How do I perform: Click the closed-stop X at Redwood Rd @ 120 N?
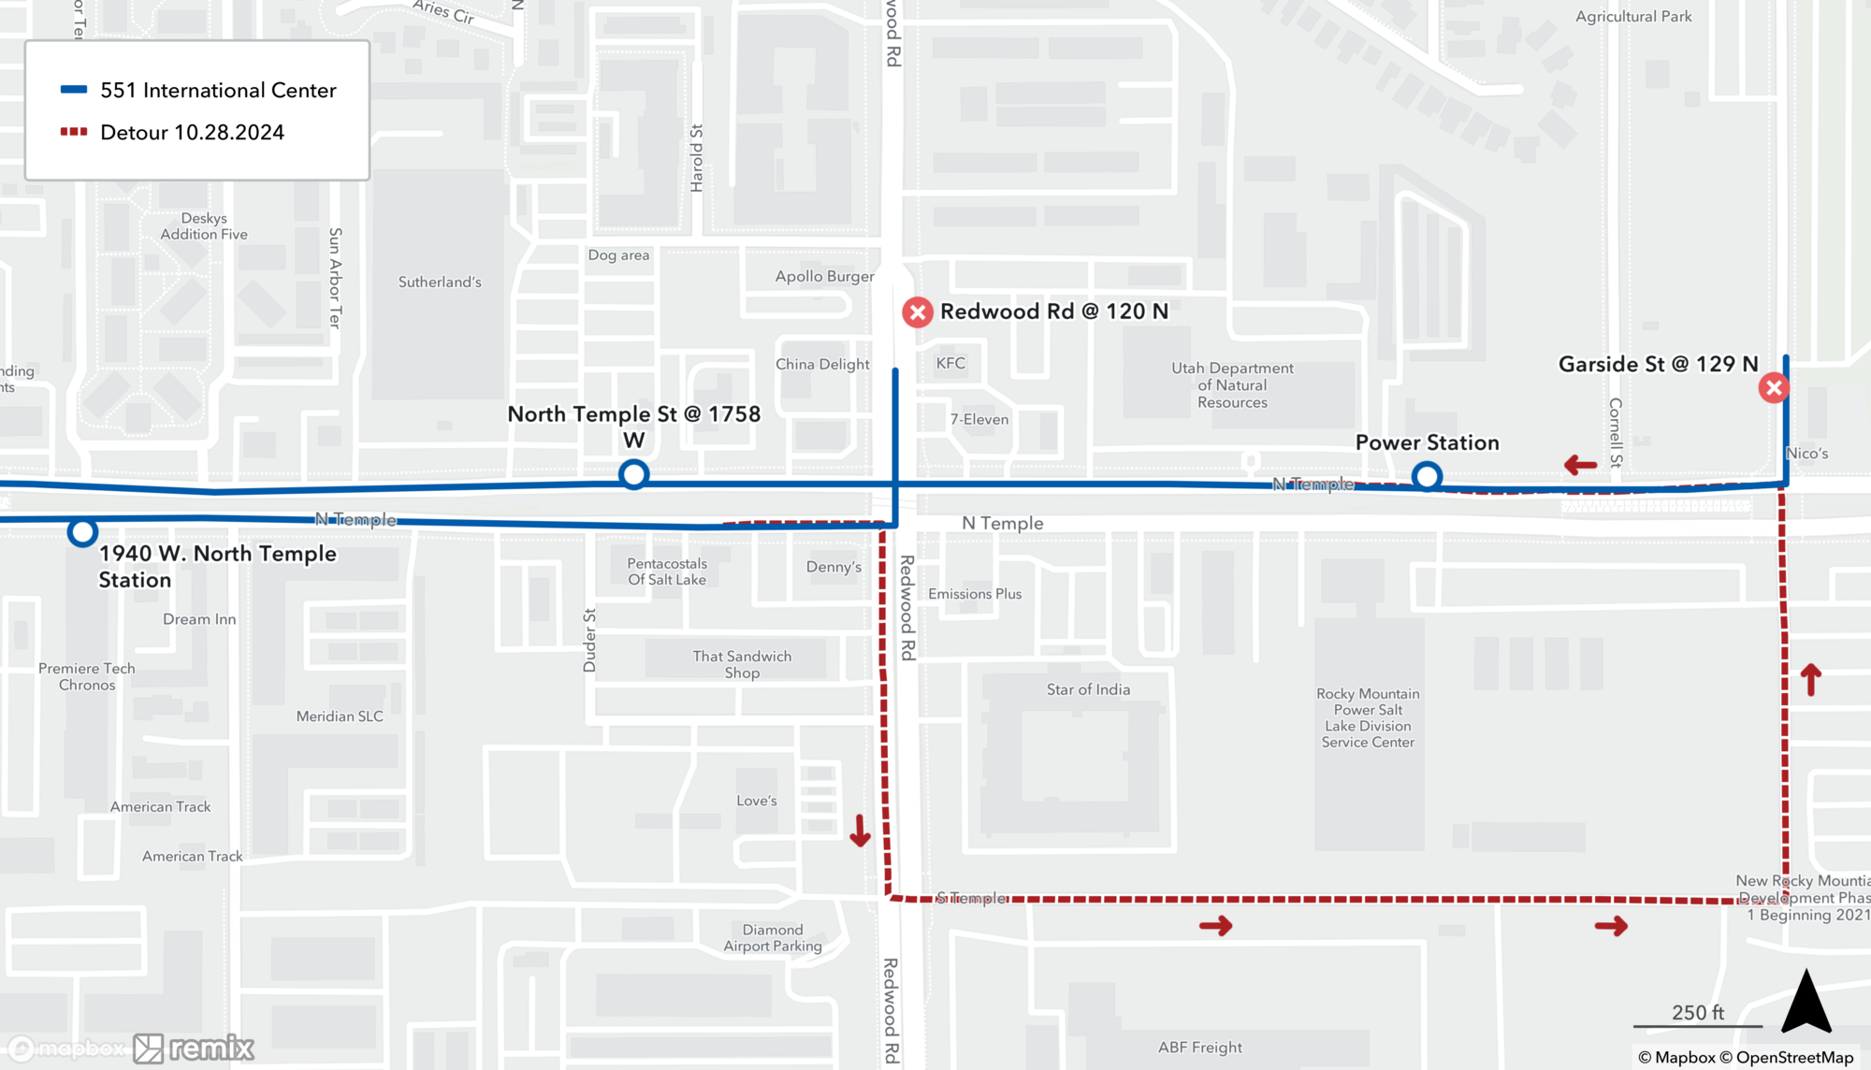pyautogui.click(x=917, y=312)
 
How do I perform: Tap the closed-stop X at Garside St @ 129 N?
pyautogui.click(x=1773, y=387)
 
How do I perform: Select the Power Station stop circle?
pyautogui.click(x=1427, y=477)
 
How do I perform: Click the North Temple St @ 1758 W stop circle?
pyautogui.click(x=633, y=474)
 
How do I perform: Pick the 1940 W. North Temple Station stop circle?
pyautogui.click(x=82, y=532)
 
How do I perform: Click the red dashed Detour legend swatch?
pyautogui.click(x=74, y=132)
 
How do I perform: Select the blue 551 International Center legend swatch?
pyautogui.click(x=74, y=90)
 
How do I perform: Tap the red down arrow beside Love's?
pyautogui.click(x=860, y=830)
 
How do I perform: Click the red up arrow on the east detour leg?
pyautogui.click(x=1810, y=679)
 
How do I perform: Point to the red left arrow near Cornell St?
pyautogui.click(x=1580, y=464)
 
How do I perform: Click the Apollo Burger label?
pyautogui.click(x=824, y=276)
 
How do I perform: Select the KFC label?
pyautogui.click(x=950, y=363)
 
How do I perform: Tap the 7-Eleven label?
pyautogui.click(x=979, y=419)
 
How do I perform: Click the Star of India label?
pyautogui.click(x=1088, y=689)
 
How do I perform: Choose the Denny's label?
pyautogui.click(x=834, y=567)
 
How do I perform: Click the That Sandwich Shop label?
pyautogui.click(x=742, y=664)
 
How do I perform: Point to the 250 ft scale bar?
pyautogui.click(x=1697, y=1025)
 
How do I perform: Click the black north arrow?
pyautogui.click(x=1806, y=1003)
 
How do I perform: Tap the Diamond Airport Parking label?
pyautogui.click(x=772, y=937)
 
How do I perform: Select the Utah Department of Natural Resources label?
pyautogui.click(x=1232, y=385)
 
